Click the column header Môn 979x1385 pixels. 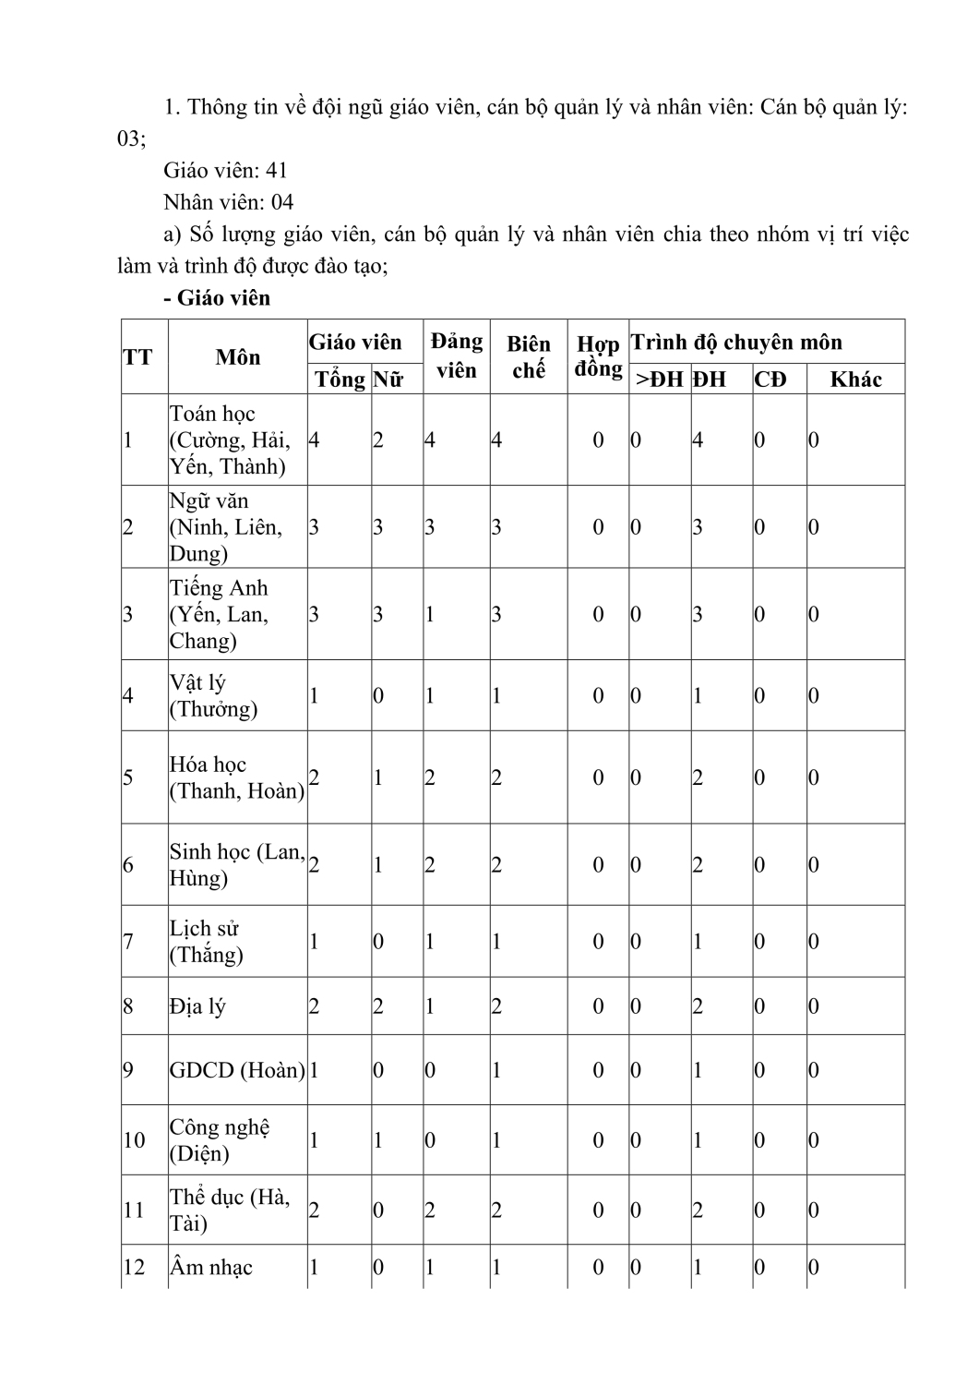pyautogui.click(x=237, y=357)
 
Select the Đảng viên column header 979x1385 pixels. pyautogui.click(x=456, y=355)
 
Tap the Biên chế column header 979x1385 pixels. pyautogui.click(x=528, y=356)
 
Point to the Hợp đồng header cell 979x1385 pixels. pyautogui.click(x=598, y=356)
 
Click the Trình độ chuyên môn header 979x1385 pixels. pyautogui.click(x=736, y=343)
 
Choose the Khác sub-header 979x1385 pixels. pyautogui.click(x=855, y=379)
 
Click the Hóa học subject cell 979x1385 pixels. pyautogui.click(x=236, y=777)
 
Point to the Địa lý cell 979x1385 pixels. pyautogui.click(x=197, y=1006)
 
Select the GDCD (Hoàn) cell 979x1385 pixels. pyautogui.click(x=236, y=1070)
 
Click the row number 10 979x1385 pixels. pyautogui.click(x=134, y=1140)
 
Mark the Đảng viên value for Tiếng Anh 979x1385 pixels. pyautogui.click(x=430, y=614)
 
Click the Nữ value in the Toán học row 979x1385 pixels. pyautogui.click(x=378, y=440)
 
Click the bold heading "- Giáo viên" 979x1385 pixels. pyautogui.click(x=216, y=298)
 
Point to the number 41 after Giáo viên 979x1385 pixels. pyautogui.click(x=277, y=170)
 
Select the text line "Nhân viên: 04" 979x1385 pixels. pyautogui.click(x=228, y=201)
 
